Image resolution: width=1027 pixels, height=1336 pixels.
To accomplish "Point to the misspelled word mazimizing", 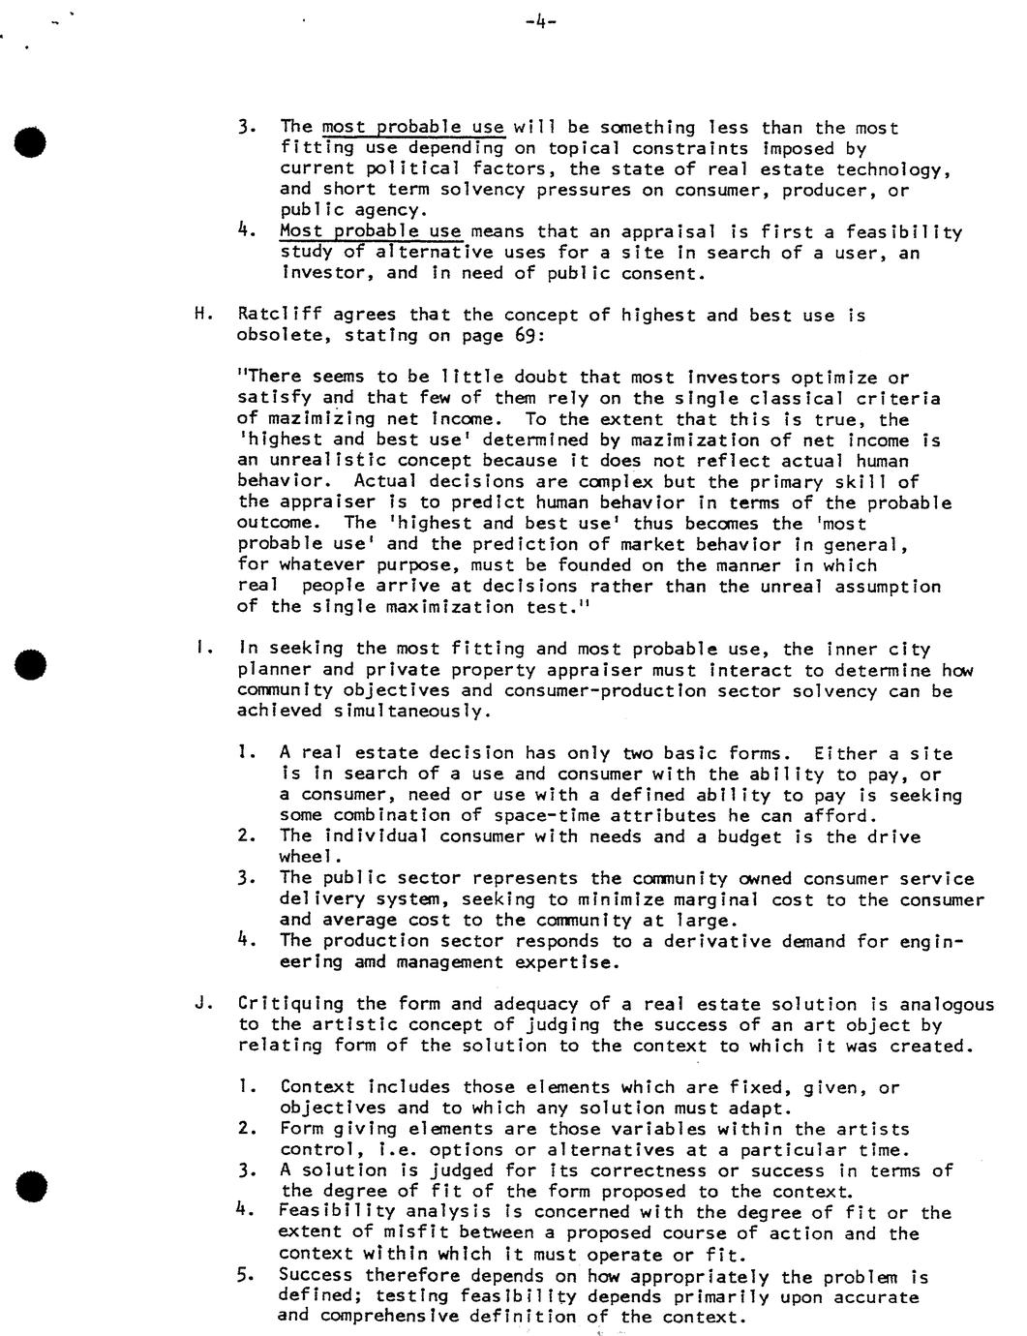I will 306,420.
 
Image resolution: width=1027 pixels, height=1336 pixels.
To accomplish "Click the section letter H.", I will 201,316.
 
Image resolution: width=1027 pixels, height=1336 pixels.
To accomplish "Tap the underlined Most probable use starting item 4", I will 371,231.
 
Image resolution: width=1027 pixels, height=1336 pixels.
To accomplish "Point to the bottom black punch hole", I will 32,1186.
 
